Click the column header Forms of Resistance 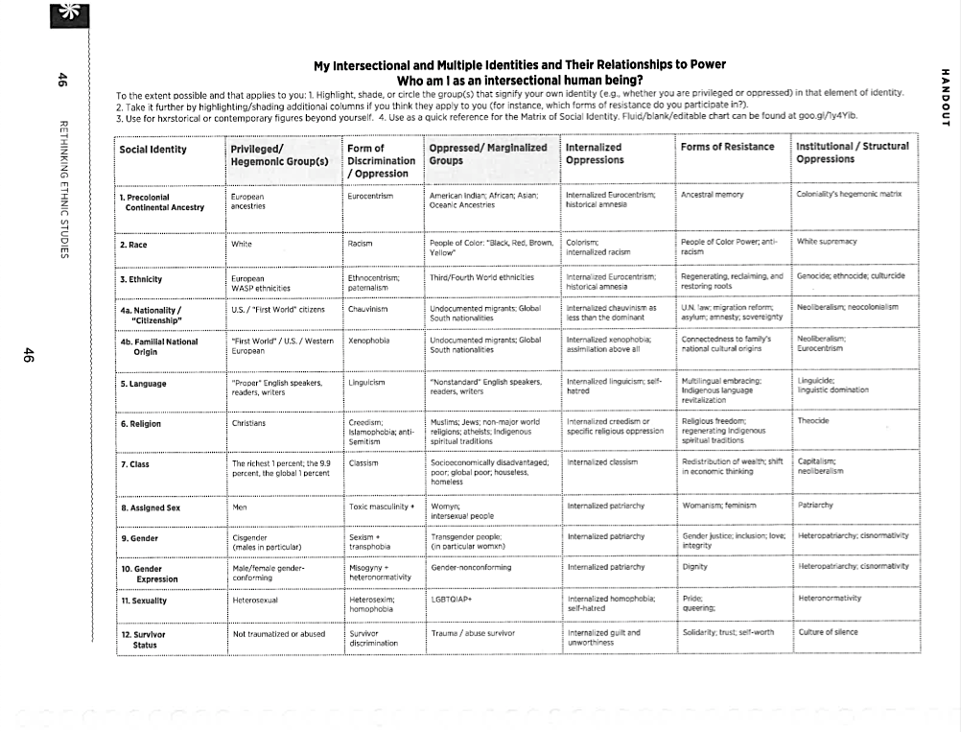click(727, 148)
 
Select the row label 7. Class click(135, 464)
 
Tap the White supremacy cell click(827, 242)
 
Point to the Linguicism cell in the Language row click(366, 383)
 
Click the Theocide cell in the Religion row click(813, 421)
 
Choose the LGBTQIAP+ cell click(453, 599)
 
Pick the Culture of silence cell click(829, 632)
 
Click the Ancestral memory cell click(712, 195)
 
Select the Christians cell click(249, 423)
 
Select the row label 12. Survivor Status click(144, 639)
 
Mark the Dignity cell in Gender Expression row click(694, 567)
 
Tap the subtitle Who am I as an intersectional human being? click(519, 80)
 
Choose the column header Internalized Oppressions click(594, 153)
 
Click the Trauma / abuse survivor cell click(473, 633)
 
